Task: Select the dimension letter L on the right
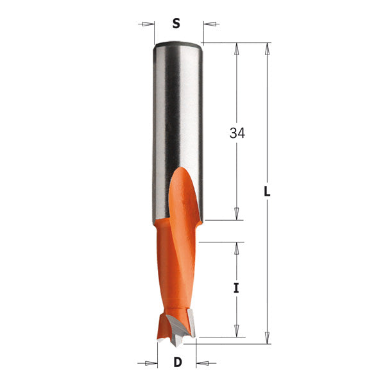pyautogui.click(x=266, y=192)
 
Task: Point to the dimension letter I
pyautogui.click(x=236, y=288)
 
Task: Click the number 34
pyautogui.click(x=237, y=133)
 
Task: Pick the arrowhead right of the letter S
pyautogui.click(x=209, y=25)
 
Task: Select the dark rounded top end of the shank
pyautogui.click(x=178, y=44)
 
